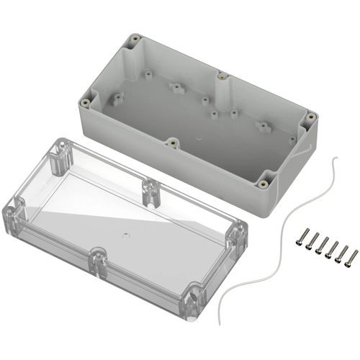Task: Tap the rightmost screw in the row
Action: tap(333, 256)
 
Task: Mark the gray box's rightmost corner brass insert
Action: tap(310, 117)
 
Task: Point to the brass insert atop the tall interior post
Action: tap(221, 75)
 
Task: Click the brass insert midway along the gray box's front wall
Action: tap(173, 141)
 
